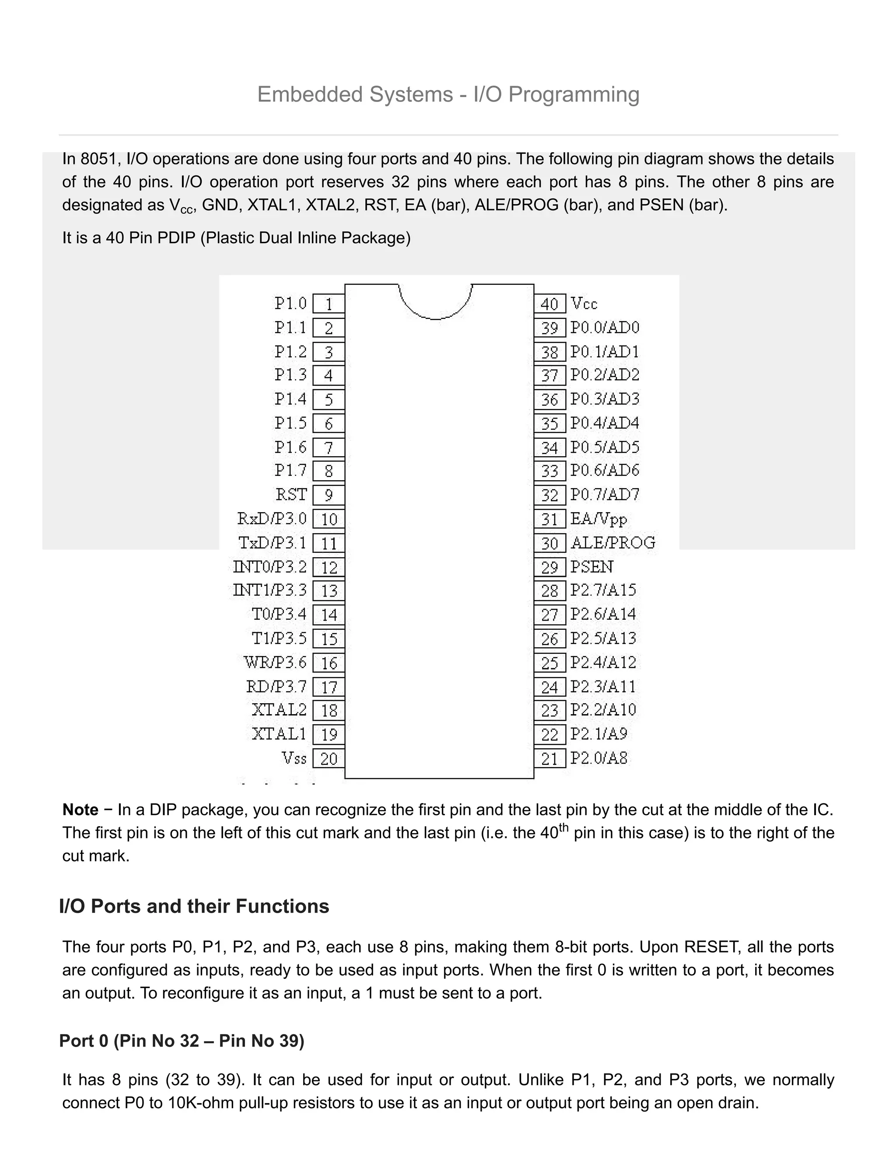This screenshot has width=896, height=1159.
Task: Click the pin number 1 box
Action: pos(329,304)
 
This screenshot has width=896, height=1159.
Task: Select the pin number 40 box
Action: pos(550,304)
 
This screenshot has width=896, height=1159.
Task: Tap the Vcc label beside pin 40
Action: pos(584,304)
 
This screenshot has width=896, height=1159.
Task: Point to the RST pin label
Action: pos(291,495)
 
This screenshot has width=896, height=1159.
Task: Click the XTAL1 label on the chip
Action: pos(279,734)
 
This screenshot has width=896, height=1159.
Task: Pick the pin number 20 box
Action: pos(329,758)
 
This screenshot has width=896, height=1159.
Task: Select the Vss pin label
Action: pos(294,758)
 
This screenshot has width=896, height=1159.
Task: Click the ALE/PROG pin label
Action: pos(613,542)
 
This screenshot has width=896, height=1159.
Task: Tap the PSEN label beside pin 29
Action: pos(591,567)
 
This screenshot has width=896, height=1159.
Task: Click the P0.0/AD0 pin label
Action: pos(605,328)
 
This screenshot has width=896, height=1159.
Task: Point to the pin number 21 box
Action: pos(550,758)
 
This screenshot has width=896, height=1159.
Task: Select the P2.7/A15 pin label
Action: pos(603,590)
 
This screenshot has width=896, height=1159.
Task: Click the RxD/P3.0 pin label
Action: pos(272,518)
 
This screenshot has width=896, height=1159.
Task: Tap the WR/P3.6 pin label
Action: pos(275,662)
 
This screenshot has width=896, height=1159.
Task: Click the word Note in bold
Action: pos(80,810)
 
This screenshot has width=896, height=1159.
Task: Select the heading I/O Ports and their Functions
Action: pos(194,906)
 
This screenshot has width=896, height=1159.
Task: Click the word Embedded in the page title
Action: pos(310,94)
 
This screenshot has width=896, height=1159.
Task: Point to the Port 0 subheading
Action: pos(182,1041)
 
